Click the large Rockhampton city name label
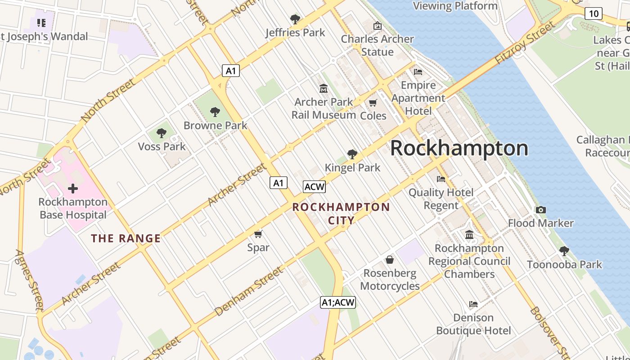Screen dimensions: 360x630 [459, 148]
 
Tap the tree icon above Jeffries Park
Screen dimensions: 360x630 [295, 19]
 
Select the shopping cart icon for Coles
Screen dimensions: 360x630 [373, 103]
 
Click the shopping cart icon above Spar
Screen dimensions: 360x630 [258, 234]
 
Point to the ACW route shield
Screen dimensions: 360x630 [314, 187]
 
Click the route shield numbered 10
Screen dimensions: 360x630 [594, 13]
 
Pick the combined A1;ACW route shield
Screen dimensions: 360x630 [338, 303]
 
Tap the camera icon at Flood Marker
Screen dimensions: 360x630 [540, 210]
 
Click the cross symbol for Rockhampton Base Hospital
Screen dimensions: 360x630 [72, 189]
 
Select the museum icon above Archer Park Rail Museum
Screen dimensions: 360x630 [323, 89]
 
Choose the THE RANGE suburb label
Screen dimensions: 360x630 [126, 238]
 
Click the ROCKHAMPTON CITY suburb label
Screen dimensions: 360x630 [341, 214]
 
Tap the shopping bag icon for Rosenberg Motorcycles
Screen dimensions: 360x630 [390, 260]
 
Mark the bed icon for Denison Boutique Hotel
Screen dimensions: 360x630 [473, 305]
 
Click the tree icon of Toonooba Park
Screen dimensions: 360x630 [564, 251]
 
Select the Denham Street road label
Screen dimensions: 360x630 [248, 292]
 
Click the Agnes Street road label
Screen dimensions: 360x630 [30, 280]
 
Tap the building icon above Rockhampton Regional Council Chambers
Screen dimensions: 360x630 [469, 235]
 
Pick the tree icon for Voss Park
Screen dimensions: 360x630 [162, 133]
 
